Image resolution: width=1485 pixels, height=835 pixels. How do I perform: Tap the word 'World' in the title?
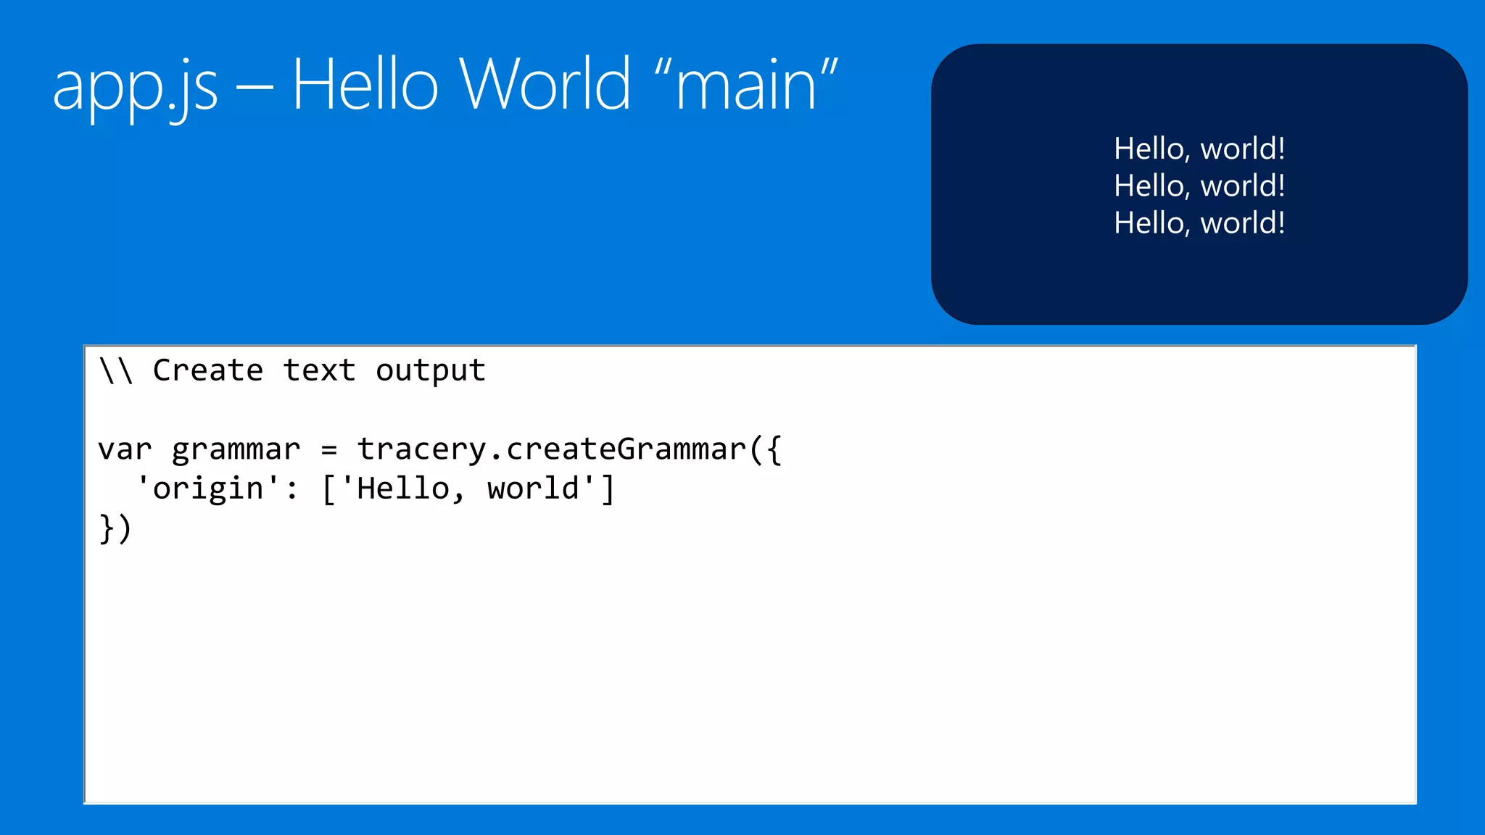tap(545, 85)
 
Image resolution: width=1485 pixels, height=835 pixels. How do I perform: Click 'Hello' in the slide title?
tap(365, 85)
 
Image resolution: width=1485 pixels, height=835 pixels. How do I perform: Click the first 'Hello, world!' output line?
tap(1199, 149)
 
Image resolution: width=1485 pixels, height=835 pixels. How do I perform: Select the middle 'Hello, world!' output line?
tap(1199, 186)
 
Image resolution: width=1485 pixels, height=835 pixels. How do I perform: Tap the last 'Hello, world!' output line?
tap(1199, 223)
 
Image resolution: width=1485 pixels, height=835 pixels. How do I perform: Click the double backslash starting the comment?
tap(116, 370)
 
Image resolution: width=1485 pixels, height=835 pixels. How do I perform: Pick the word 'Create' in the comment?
tap(208, 370)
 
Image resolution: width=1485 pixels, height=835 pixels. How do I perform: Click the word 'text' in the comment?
tap(319, 371)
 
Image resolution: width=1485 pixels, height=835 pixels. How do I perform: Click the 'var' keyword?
tap(125, 450)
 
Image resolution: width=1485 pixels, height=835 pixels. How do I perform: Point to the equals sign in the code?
tap(329, 450)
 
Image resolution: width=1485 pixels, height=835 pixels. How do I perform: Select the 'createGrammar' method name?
tap(626, 449)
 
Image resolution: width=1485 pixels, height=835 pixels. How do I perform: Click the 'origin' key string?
tap(208, 489)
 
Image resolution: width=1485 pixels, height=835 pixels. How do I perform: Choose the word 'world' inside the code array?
tap(534, 489)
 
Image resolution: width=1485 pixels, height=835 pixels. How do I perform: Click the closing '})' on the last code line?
tap(115, 528)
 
